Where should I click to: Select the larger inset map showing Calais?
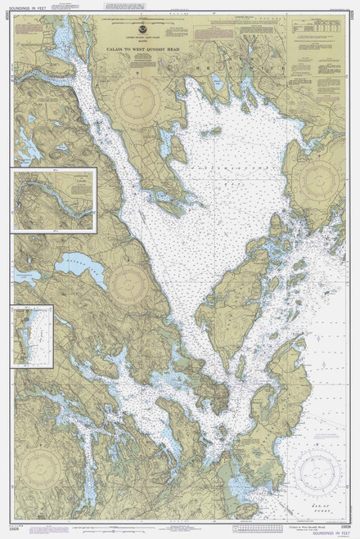click(54, 200)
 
